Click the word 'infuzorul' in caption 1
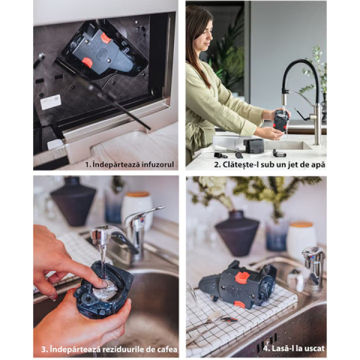pyautogui.click(x=157, y=165)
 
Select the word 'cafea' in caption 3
pyautogui.click(x=167, y=349)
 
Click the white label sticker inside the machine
pyautogui.click(x=50, y=102)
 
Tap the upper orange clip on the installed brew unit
pyautogui.click(x=106, y=38)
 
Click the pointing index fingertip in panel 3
pyautogui.click(x=102, y=283)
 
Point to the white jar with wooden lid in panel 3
pyautogui.click(x=136, y=208)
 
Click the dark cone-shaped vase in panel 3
pyautogui.click(x=73, y=201)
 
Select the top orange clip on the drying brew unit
pyautogui.click(x=244, y=275)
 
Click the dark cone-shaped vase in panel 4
pyautogui.click(x=237, y=233)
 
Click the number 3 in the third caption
pyautogui.click(x=43, y=349)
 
